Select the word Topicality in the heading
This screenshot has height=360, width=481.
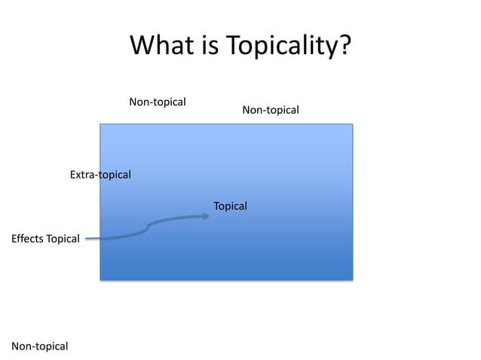coord(279,47)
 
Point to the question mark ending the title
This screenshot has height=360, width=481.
coord(344,47)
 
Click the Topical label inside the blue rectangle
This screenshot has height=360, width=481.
coord(230,206)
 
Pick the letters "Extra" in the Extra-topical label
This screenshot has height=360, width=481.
coord(83,175)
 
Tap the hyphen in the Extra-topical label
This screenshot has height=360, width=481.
coord(97,175)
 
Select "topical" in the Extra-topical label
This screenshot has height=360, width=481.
coord(115,175)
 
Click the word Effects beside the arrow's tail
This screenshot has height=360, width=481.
coord(28,239)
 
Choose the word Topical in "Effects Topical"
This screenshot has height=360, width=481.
coord(63,239)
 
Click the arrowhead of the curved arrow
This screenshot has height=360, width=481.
coord(207,216)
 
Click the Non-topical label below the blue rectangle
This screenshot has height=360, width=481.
coord(40,346)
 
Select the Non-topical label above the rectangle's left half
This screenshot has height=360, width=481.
coord(158,102)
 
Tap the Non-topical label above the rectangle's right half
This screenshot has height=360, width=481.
coord(271,111)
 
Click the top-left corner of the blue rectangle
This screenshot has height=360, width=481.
coord(100,124)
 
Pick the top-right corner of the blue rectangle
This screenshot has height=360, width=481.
coord(353,124)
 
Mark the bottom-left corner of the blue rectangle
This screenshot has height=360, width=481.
coord(100,279)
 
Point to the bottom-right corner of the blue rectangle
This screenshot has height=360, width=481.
coord(353,279)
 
